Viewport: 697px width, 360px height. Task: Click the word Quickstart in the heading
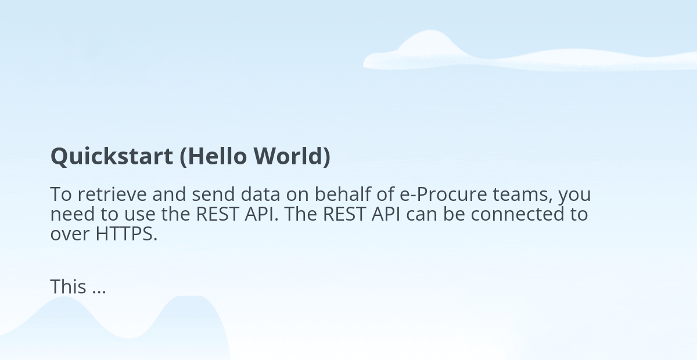(x=112, y=157)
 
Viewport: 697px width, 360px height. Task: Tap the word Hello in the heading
(x=214, y=156)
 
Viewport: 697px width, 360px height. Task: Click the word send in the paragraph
(x=213, y=194)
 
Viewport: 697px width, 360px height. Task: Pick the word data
(x=260, y=194)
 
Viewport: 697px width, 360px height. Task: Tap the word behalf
(x=343, y=194)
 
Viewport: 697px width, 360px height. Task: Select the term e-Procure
(x=443, y=194)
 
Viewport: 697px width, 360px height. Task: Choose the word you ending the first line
(x=574, y=197)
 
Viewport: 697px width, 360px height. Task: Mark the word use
(x=140, y=215)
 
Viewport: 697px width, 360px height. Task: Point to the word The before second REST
(x=301, y=214)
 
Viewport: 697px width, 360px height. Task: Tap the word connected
(x=518, y=214)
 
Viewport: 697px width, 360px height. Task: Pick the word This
(x=68, y=286)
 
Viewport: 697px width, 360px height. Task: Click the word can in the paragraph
(x=422, y=215)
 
